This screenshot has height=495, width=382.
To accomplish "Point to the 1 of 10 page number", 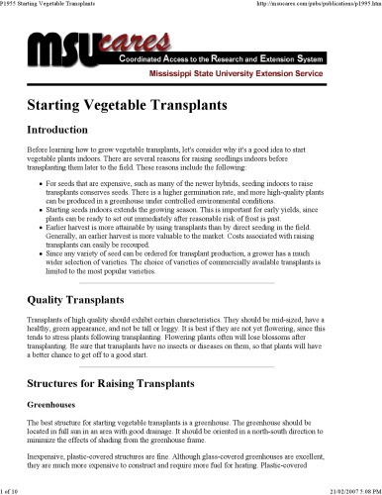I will click(x=14, y=489).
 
